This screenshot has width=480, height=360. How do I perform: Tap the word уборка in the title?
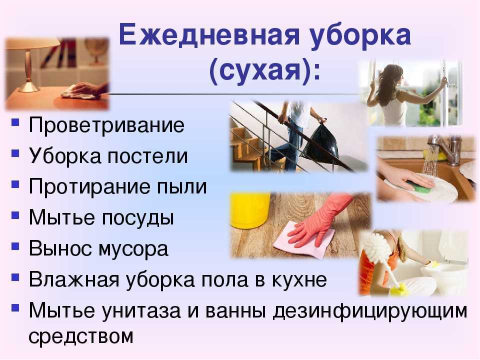[360, 36]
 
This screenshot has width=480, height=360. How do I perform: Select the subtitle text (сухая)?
[265, 71]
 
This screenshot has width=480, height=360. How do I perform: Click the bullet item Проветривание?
[106, 125]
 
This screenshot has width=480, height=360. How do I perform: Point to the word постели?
[147, 156]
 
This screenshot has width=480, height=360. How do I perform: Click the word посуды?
[138, 218]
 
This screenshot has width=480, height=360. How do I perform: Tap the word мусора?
[133, 249]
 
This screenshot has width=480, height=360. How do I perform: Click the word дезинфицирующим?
[370, 311]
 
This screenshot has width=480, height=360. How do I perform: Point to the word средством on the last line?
[81, 336]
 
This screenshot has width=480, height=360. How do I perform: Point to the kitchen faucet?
[446, 147]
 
